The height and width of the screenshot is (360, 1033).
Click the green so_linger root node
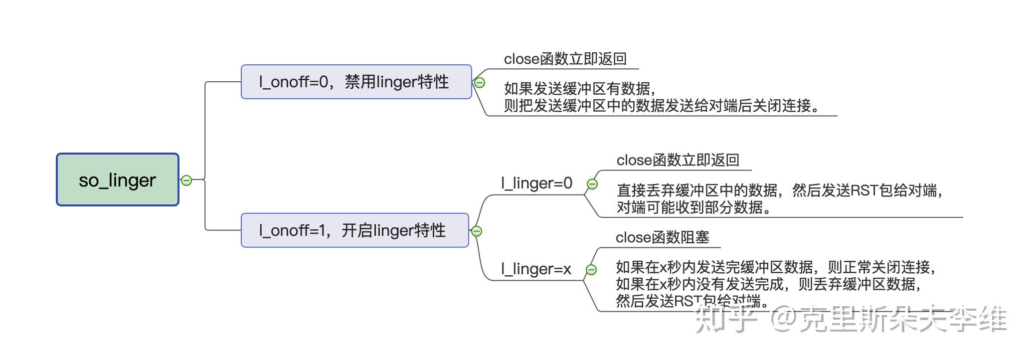pos(117,180)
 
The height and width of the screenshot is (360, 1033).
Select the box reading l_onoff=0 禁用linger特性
pos(356,82)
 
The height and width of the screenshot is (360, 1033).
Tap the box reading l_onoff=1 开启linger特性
pos(354,230)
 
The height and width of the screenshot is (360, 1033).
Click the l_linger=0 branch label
pos(536,183)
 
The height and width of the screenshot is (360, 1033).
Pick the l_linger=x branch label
pos(536,269)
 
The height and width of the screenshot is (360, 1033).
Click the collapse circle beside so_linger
pos(186,180)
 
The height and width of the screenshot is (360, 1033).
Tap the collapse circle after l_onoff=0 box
pos(479,83)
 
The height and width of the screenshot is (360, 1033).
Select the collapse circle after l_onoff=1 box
pos(476,231)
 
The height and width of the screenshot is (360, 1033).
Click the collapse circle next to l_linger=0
pos(592,184)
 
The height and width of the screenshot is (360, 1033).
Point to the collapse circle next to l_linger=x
pos(591,270)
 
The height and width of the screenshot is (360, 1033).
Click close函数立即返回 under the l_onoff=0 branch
pos(565,59)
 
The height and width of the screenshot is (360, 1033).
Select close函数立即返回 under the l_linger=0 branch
pos(678,160)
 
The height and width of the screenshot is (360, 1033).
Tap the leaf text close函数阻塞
pos(662,237)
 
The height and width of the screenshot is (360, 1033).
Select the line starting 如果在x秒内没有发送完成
pos(768,284)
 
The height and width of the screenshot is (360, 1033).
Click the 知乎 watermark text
pos(725,319)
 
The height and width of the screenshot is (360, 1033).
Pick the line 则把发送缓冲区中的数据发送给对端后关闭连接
pos(661,106)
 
